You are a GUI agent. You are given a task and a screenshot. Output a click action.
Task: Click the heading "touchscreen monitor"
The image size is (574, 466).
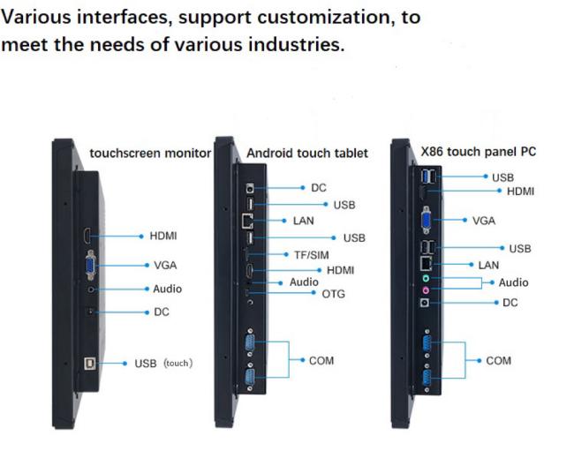click(150, 154)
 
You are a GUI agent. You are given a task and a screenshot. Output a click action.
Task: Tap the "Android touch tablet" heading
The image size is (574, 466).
click(307, 153)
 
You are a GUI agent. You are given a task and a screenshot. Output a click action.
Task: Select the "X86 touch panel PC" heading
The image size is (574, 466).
click(479, 152)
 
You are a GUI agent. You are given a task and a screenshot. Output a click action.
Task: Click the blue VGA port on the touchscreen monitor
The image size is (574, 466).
click(90, 265)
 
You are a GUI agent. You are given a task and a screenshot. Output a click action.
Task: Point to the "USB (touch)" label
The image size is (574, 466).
click(163, 364)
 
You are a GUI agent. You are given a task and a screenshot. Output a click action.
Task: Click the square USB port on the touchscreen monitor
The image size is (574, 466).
click(90, 364)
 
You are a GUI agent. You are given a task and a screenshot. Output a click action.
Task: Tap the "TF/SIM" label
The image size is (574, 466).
click(312, 255)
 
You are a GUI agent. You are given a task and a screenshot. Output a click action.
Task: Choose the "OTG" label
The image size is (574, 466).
click(333, 294)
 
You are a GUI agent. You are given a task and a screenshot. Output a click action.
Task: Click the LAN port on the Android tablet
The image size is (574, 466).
click(247, 221)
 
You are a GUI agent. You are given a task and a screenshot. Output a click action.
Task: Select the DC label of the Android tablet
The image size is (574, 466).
click(319, 188)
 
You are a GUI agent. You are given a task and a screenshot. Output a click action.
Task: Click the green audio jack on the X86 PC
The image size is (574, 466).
click(426, 278)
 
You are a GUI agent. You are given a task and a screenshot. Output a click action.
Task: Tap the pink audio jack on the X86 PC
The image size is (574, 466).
click(426, 290)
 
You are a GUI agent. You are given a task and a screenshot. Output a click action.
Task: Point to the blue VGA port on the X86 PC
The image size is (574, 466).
click(427, 220)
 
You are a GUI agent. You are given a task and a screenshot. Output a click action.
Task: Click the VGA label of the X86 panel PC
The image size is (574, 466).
click(484, 221)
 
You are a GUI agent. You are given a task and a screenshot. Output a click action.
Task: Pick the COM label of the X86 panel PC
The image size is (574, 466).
click(498, 361)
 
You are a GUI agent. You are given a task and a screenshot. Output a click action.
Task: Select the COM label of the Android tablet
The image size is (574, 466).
click(321, 361)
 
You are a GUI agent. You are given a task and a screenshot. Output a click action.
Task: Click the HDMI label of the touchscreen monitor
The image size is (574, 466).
click(163, 236)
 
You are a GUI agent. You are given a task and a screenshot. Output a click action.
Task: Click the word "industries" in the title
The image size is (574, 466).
click(296, 45)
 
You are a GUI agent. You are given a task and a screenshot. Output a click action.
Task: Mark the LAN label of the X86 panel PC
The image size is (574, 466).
click(488, 265)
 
